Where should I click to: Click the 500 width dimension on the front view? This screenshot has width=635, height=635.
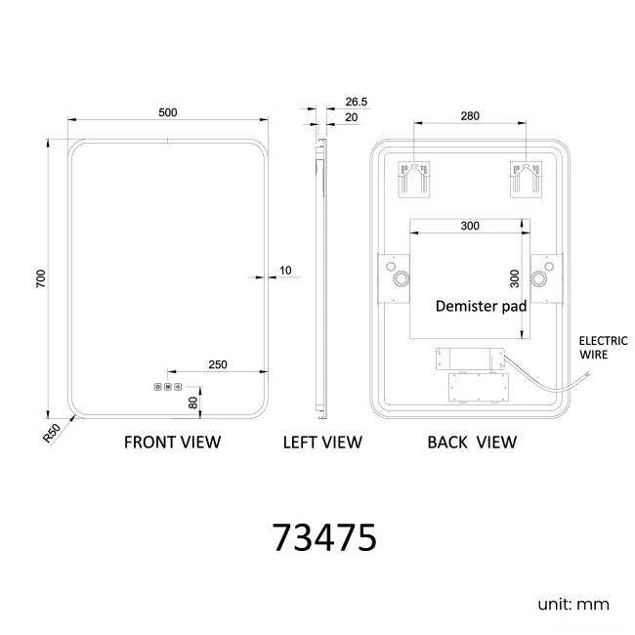coord(168,112)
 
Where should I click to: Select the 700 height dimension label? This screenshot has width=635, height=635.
coord(41,278)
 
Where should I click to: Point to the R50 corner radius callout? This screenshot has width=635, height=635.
coord(52,433)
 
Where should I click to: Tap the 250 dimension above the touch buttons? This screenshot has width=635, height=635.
coord(218,365)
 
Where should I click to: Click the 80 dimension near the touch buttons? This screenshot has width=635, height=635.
coord(193,402)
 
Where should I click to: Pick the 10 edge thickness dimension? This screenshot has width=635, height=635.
coord(285,270)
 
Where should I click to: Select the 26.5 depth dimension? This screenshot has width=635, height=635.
coord(357,102)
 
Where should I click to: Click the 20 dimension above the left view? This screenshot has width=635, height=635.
coord(351,117)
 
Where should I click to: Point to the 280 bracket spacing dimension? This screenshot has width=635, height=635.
coord(470,116)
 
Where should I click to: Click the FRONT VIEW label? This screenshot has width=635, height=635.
coord(173,443)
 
